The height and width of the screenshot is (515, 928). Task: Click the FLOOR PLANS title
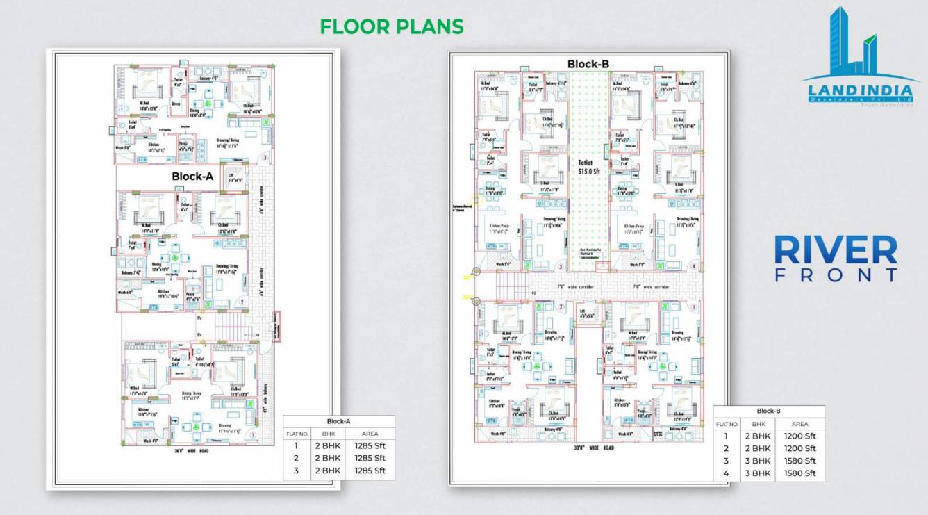pos(391,26)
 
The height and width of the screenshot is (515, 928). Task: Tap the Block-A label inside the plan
pos(192,177)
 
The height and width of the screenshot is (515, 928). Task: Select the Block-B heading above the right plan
pos(588,64)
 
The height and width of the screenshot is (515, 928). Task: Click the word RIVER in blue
pos(836,250)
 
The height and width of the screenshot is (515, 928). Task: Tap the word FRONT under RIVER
pos(836,275)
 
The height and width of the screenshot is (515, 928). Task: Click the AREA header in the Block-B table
pos(799,423)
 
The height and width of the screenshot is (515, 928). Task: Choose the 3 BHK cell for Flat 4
pos(757,473)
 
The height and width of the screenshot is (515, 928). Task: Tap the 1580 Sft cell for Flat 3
pos(799,461)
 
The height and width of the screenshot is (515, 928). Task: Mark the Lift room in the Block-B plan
pos(587,313)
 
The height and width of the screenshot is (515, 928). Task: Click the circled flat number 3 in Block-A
pos(264,158)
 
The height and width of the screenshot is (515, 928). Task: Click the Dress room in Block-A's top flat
pos(176,105)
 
